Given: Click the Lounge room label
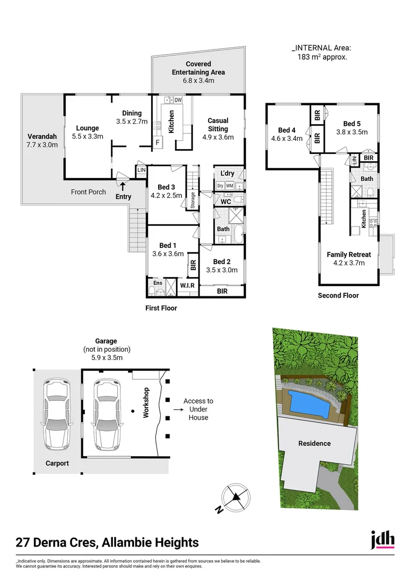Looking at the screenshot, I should pos(87,128).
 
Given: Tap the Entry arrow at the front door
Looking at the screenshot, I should pos(123,186).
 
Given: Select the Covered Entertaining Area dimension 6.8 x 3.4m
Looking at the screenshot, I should pos(198,81).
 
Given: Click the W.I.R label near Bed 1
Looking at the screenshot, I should pos(187,285).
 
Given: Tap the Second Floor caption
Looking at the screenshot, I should pos(338,295).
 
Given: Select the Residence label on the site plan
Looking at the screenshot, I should pos(315,443).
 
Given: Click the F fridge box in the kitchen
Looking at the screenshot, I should pos(158,143).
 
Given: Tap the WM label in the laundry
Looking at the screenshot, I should pos(230,186).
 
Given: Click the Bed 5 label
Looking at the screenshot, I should pos(351,124).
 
